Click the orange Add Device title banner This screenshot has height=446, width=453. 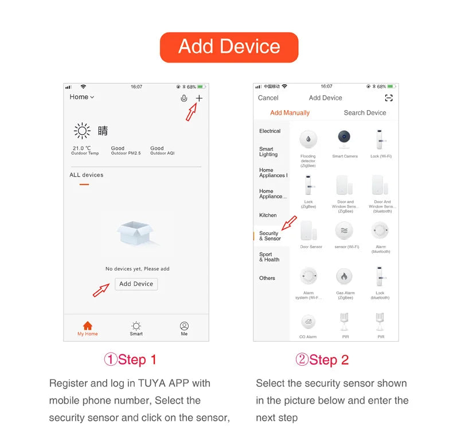click(229, 47)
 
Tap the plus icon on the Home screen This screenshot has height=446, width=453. click(199, 98)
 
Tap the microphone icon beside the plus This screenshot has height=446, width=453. click(183, 98)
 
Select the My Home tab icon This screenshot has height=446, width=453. click(88, 326)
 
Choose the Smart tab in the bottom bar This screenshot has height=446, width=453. click(136, 326)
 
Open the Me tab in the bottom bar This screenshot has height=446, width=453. click(184, 326)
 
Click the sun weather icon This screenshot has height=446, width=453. click(82, 131)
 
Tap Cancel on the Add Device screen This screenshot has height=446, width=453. click(268, 98)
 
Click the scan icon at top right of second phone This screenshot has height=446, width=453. click(389, 98)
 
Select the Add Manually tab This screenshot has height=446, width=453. click(290, 113)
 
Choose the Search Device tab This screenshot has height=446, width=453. click(365, 113)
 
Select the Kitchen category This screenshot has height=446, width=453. click(268, 216)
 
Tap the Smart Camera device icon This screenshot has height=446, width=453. click(345, 139)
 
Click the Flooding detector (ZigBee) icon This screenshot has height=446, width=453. click(308, 139)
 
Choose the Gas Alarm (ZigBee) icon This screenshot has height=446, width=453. click(345, 276)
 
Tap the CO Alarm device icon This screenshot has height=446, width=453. click(308, 322)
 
